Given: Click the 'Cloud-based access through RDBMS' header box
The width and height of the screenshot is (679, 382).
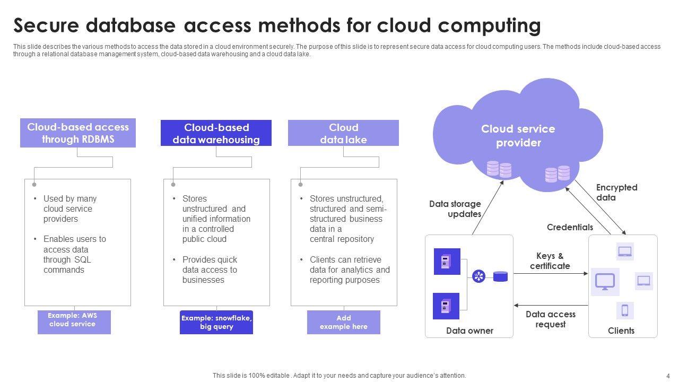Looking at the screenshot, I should click(x=78, y=133).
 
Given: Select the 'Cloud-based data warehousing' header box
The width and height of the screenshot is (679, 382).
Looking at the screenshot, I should click(x=216, y=133).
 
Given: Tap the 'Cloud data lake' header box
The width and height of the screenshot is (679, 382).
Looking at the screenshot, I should click(x=343, y=133).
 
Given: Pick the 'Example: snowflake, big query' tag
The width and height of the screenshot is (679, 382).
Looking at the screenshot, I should click(x=216, y=322).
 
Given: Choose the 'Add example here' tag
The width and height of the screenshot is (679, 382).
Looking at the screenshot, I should click(x=344, y=322).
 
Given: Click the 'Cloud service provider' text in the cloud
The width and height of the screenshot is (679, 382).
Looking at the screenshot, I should click(x=518, y=136).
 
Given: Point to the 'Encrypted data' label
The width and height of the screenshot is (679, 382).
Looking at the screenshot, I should click(x=616, y=193).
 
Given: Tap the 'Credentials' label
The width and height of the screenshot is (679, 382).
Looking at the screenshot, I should click(x=570, y=227).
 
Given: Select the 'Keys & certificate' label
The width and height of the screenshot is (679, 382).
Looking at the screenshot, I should click(x=550, y=261).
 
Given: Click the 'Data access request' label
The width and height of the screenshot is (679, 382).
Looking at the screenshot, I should click(x=551, y=319).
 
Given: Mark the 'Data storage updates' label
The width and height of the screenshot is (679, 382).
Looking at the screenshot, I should click(x=456, y=209).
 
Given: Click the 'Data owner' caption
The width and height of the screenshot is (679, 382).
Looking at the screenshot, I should click(x=469, y=331).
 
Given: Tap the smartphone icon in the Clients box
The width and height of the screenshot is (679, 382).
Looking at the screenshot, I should click(x=625, y=310).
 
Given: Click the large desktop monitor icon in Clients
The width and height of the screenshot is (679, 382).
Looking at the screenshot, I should click(x=605, y=281).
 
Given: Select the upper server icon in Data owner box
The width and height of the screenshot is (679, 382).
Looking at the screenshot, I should click(x=447, y=261).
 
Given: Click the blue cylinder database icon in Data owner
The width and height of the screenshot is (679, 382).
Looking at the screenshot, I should click(x=500, y=276).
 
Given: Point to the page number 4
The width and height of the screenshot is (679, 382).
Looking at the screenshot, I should click(x=668, y=376).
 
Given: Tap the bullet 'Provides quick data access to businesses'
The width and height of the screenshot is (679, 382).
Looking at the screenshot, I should click(x=210, y=270).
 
